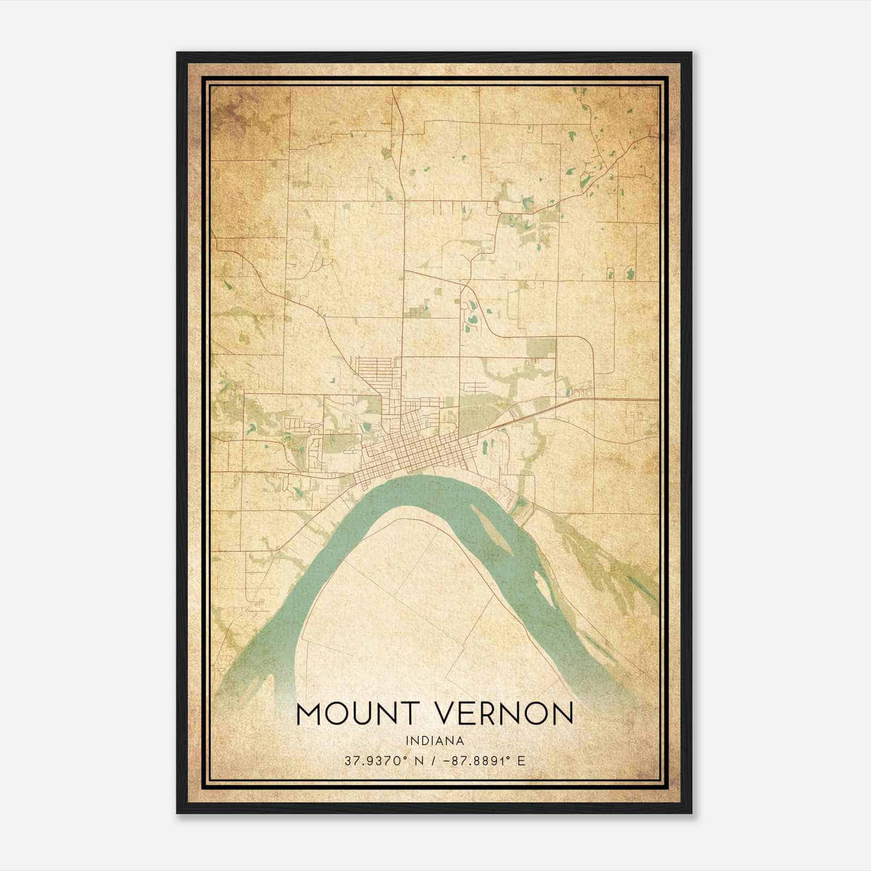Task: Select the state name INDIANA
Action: coord(434,741)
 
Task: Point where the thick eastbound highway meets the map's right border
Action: coord(658,400)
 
